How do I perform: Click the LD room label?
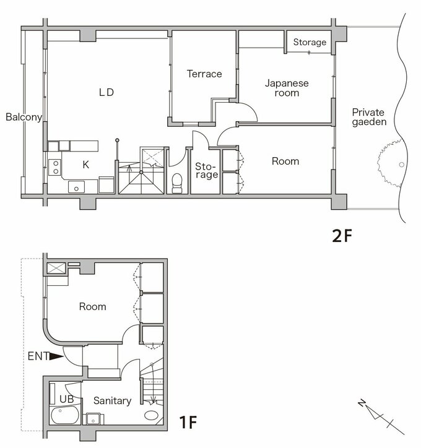pyautogui.click(x=106, y=92)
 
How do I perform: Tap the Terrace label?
pyautogui.click(x=204, y=74)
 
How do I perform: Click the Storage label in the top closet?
pyautogui.click(x=310, y=42)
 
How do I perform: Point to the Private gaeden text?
pyautogui.click(x=368, y=117)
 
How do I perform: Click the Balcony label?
pyautogui.click(x=24, y=117)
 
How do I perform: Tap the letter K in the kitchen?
pyautogui.click(x=85, y=165)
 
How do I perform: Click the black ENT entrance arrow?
pyautogui.click(x=57, y=356)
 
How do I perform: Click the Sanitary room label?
pyautogui.click(x=112, y=401)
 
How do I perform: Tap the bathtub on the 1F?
pyautogui.click(x=64, y=415)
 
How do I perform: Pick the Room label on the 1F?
pyautogui.click(x=92, y=306)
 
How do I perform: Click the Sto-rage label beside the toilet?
pyautogui.click(x=206, y=171)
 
